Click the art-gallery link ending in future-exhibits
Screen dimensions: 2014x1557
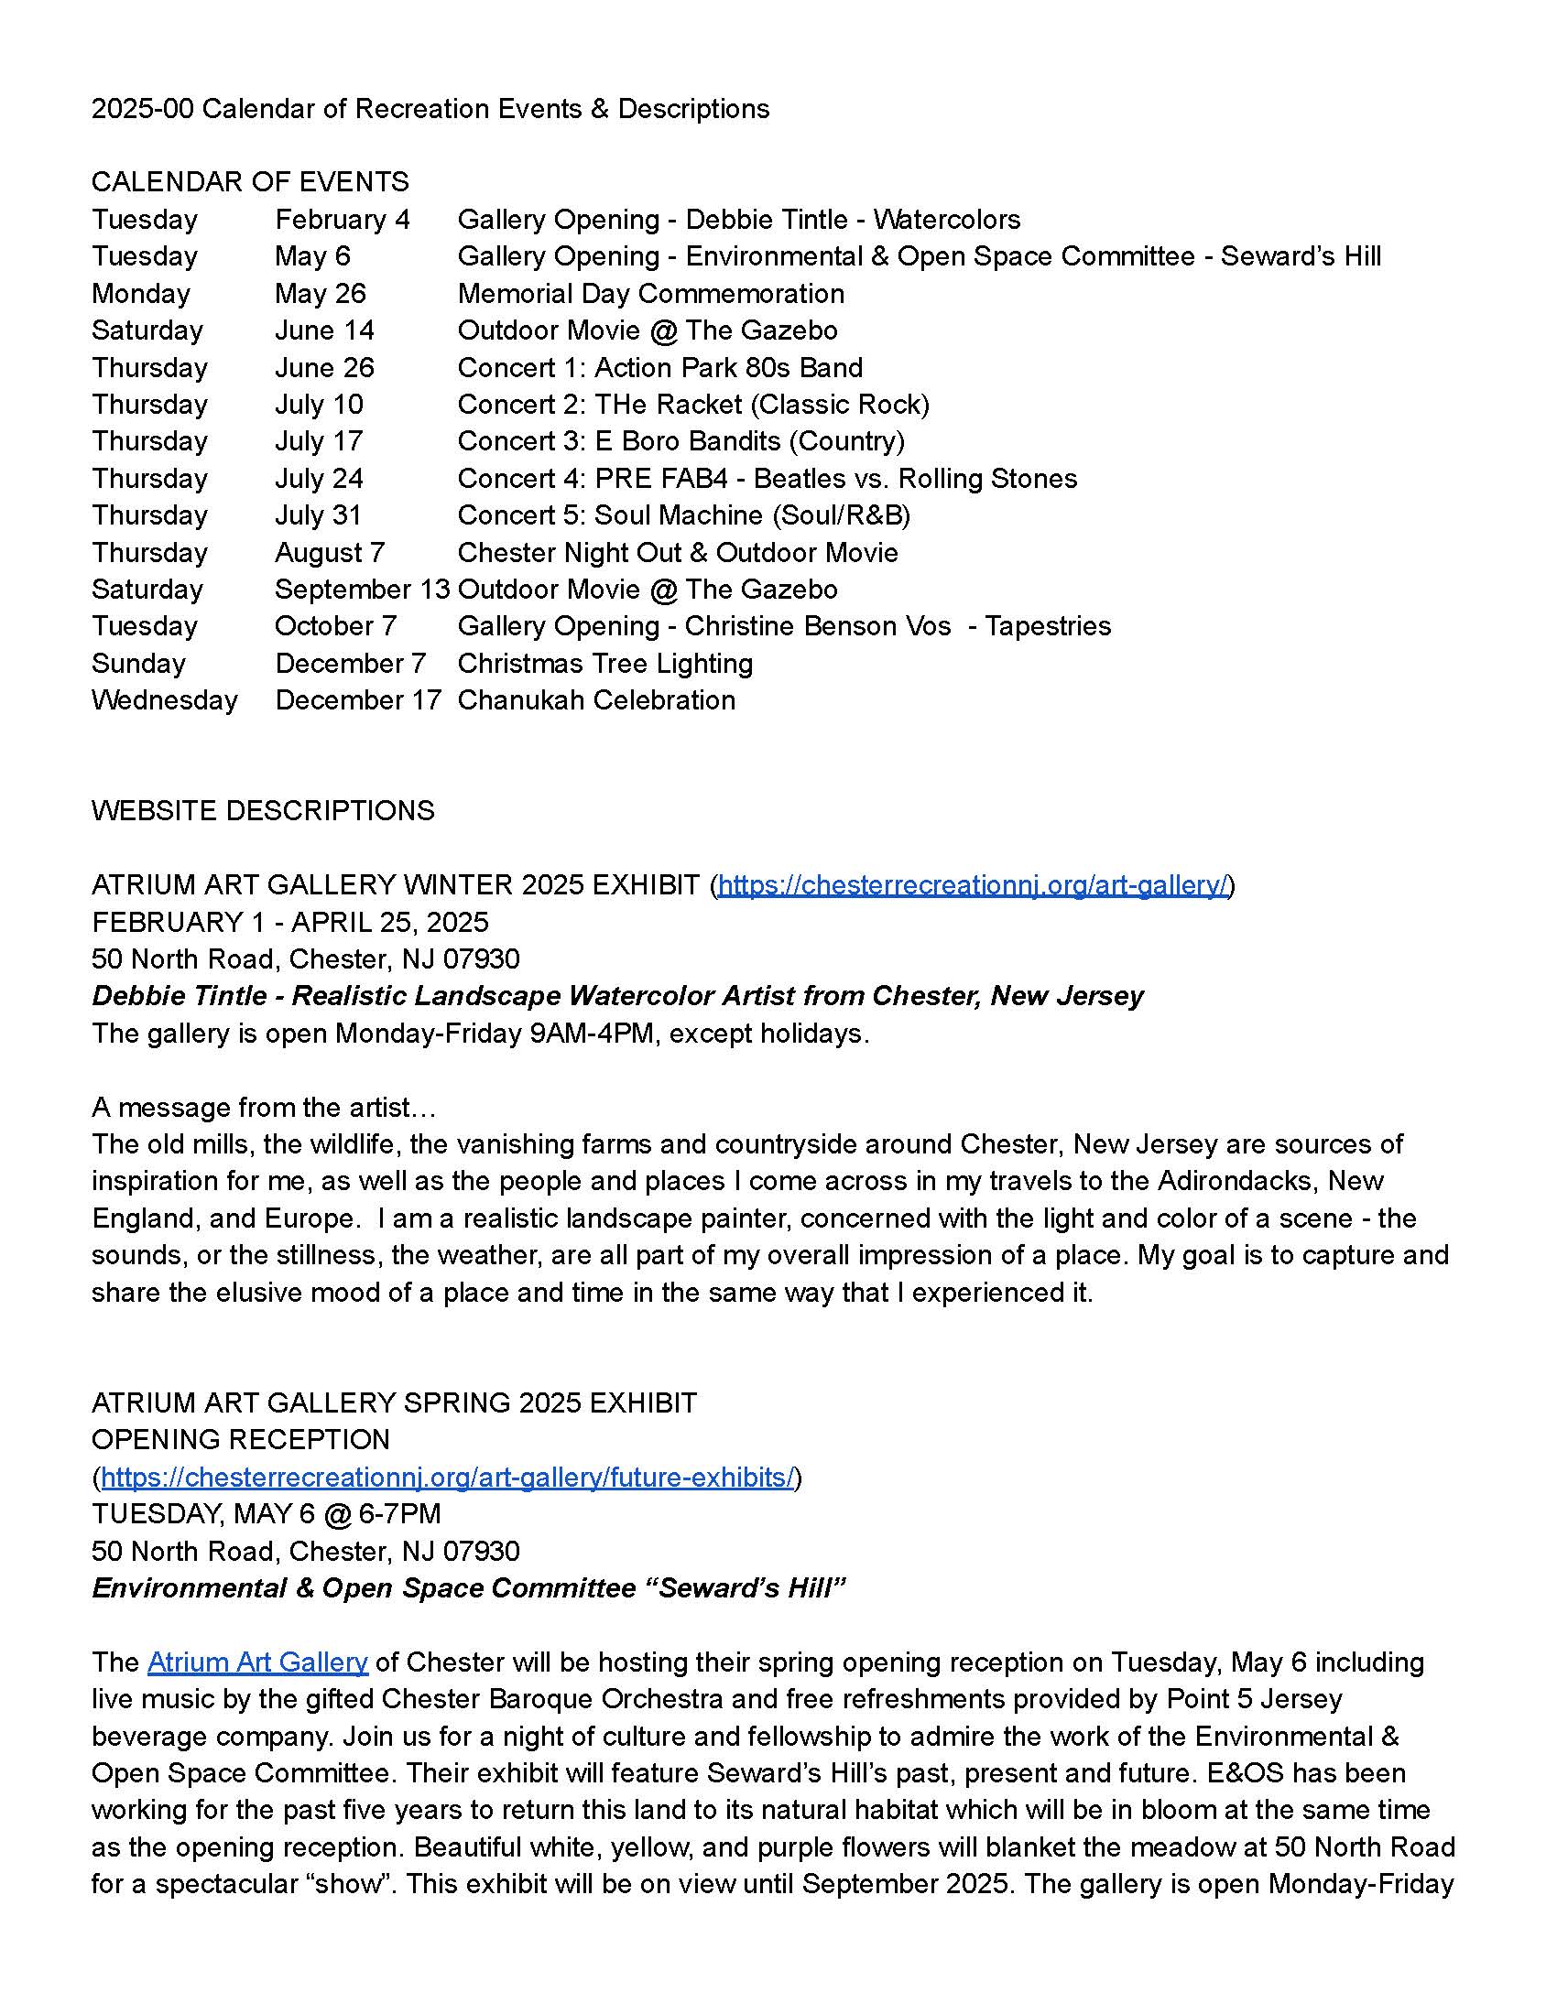click(447, 1478)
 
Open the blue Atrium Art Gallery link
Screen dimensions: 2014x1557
click(257, 1662)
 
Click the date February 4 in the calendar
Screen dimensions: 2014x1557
click(343, 220)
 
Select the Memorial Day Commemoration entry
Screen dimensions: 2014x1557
click(650, 293)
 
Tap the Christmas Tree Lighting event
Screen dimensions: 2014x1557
click(605, 663)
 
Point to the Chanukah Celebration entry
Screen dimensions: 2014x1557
click(596, 700)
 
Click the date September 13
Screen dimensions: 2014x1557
click(362, 590)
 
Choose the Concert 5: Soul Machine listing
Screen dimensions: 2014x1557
click(683, 514)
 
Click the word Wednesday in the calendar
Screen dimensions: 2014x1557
click(164, 700)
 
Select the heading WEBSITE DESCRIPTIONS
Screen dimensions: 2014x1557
click(263, 810)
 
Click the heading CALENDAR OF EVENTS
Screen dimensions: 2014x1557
click(250, 181)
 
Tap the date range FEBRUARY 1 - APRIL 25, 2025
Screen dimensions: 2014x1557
click(289, 922)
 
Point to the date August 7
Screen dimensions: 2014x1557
click(330, 552)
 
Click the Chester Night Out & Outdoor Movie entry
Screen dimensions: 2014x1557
click(677, 552)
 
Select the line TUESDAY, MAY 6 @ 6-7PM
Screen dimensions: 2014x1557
click(266, 1514)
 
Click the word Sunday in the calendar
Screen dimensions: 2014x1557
click(138, 663)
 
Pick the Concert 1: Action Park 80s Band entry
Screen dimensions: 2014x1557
click(659, 367)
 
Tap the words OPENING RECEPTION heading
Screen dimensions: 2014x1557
click(240, 1439)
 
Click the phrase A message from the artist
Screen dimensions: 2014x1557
click(264, 1107)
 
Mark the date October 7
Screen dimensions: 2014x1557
click(335, 626)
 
